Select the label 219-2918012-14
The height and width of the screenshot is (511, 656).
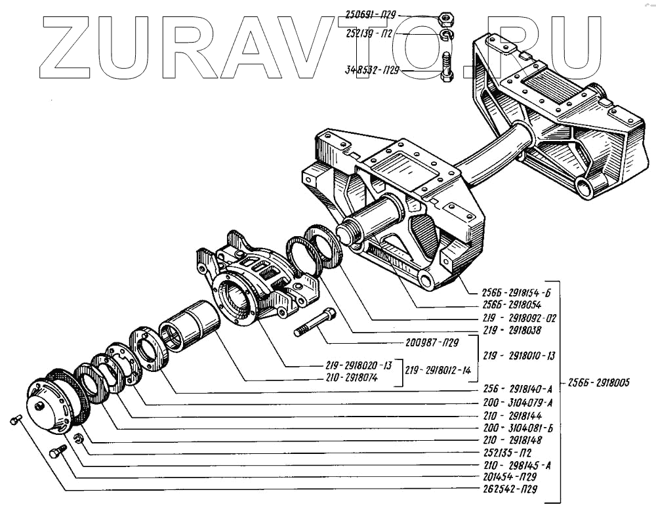440,370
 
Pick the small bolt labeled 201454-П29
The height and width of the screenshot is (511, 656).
58,451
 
